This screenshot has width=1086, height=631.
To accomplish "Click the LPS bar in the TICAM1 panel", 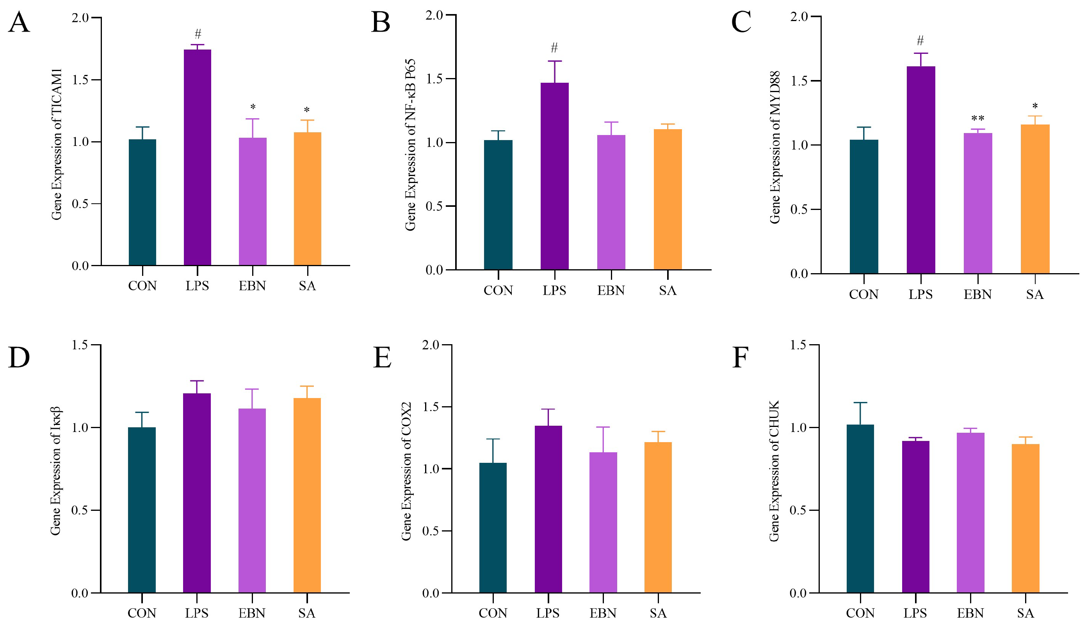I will [x=198, y=157].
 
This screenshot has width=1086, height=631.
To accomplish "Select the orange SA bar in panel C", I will [x=1035, y=199].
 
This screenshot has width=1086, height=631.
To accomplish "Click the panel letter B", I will [x=381, y=22].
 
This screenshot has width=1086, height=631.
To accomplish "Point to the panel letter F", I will [x=740, y=357].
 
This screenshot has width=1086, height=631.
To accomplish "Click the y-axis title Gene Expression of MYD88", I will [x=775, y=147].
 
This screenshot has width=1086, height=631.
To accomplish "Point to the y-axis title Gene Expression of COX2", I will [x=406, y=471].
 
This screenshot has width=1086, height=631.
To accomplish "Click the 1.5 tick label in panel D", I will [x=79, y=345].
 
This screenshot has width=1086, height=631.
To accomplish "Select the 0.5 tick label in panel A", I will [x=80, y=204].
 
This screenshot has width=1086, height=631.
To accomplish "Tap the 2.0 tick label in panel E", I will [x=431, y=345].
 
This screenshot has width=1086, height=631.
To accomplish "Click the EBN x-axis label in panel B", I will [x=611, y=291].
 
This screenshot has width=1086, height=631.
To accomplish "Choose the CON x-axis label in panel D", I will [x=142, y=613].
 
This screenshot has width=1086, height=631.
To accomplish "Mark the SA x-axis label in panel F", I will [x=1025, y=613].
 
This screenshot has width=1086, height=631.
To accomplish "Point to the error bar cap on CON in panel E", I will [x=493, y=439].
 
